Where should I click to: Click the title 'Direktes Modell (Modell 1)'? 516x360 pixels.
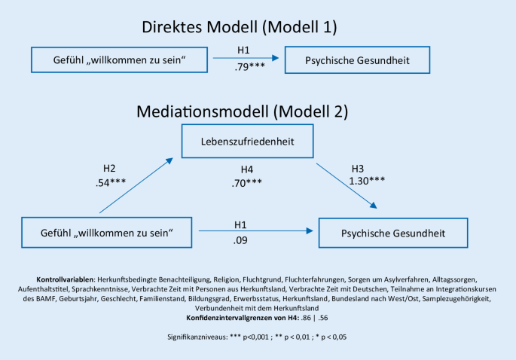[x=239, y=27]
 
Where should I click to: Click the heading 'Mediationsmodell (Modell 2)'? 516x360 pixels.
[x=242, y=111]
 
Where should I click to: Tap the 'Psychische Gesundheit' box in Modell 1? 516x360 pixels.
[x=357, y=59]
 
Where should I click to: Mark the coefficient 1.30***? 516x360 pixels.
[x=369, y=182]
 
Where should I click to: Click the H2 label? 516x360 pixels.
[x=109, y=169]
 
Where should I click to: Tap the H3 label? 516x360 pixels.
[x=361, y=168]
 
